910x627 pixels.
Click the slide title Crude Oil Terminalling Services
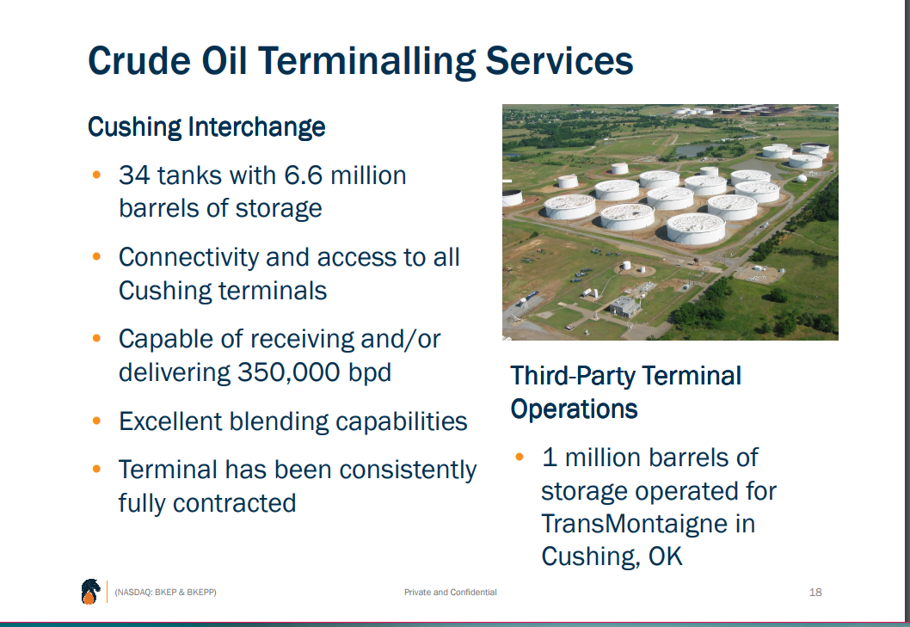[x=360, y=61]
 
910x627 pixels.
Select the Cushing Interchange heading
[x=206, y=127]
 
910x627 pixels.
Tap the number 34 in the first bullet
[x=133, y=175]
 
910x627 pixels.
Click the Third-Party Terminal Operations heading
[x=625, y=391]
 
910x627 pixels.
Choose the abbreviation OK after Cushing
[x=665, y=556]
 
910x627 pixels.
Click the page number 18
[x=815, y=593]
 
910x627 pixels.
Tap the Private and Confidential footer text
[x=450, y=593]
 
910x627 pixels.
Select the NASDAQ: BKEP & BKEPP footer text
[x=165, y=592]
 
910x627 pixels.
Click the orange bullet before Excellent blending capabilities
[x=97, y=421]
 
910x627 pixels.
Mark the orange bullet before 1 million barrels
[x=520, y=457]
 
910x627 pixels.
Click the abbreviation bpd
[x=370, y=372]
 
